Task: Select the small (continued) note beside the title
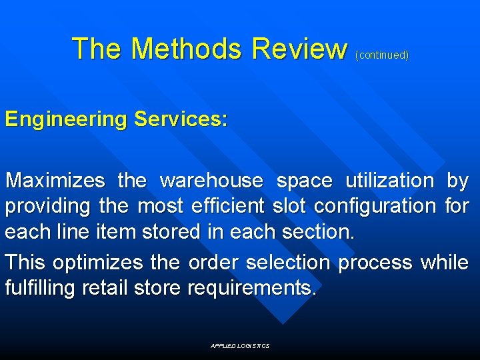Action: click(382, 55)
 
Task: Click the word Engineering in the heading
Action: click(66, 120)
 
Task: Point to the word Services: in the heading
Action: click(181, 120)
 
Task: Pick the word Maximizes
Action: click(55, 181)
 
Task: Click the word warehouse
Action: click(212, 181)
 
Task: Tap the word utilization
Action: click(389, 181)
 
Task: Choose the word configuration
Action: click(375, 206)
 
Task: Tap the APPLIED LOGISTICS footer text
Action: click(240, 346)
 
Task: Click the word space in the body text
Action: click(304, 181)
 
